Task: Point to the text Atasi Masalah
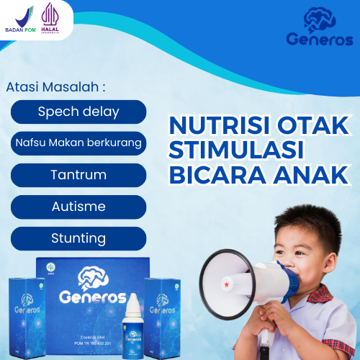tap(55, 87)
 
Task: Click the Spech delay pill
tap(78, 112)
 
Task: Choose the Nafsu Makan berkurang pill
tap(78, 143)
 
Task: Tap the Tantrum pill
tap(78, 175)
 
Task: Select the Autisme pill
tap(78, 207)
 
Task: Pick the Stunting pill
tap(78, 238)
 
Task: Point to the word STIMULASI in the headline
tap(234, 150)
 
